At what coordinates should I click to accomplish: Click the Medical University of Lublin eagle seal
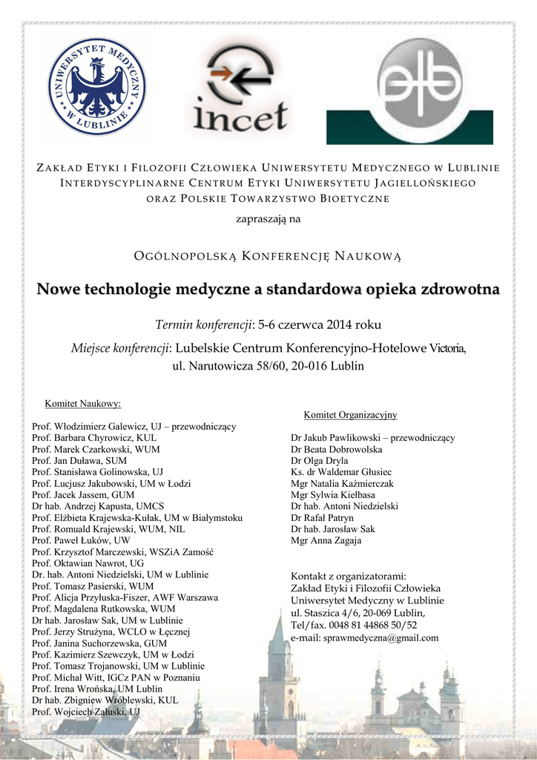[x=96, y=87]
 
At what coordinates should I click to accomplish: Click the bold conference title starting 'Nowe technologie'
[x=268, y=288]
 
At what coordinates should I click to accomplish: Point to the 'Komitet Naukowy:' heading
[x=82, y=404]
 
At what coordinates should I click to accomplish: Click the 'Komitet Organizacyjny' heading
[x=350, y=414]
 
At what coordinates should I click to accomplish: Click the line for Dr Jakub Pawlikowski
[x=372, y=438]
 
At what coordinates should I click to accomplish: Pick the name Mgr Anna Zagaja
[x=326, y=540]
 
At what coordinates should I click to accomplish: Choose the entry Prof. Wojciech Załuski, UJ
[x=86, y=712]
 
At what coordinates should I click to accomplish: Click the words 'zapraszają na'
[x=268, y=219]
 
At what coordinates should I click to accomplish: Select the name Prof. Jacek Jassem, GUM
[x=83, y=494]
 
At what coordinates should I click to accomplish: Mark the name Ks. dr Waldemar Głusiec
[x=341, y=472]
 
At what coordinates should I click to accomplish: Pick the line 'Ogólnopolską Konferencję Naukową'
[x=268, y=256]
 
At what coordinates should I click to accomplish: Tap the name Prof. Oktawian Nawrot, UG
[x=88, y=563]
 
